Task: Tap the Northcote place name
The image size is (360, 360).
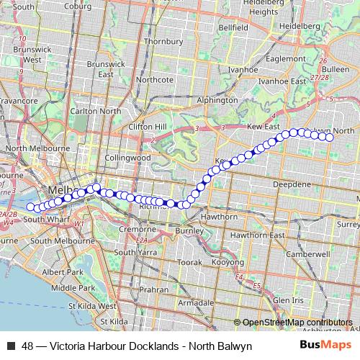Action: point(154,79)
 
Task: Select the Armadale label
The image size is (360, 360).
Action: point(196,303)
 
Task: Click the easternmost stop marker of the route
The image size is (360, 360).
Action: point(330,137)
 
